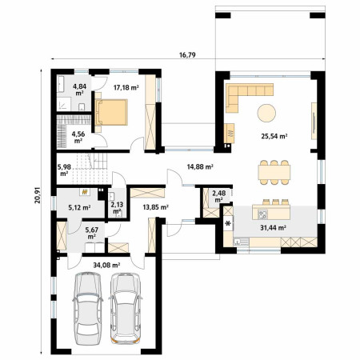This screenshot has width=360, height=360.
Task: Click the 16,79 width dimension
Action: [x=187, y=55]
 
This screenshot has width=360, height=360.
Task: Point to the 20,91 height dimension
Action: [x=38, y=195]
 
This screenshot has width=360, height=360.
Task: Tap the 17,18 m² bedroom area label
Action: [x=126, y=87]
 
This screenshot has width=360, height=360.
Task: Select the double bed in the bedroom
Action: [x=111, y=112]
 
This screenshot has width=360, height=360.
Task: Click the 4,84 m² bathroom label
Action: [x=79, y=90]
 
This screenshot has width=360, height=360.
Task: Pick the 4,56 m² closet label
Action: [x=78, y=137]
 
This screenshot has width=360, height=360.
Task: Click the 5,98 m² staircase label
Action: [x=64, y=170]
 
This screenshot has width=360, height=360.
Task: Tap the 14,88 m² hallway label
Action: [x=200, y=167]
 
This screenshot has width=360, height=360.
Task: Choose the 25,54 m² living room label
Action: [x=274, y=136]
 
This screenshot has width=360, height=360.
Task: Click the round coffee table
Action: [x=266, y=113]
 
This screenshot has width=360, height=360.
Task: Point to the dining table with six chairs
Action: [x=274, y=172]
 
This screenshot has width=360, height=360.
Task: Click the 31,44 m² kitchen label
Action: [x=274, y=228]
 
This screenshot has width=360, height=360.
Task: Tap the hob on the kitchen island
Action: [x=262, y=214]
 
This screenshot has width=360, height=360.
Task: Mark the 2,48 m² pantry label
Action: [x=218, y=196]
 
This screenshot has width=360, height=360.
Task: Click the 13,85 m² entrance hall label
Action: [x=155, y=207]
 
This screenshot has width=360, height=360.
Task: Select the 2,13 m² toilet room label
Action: [x=117, y=208]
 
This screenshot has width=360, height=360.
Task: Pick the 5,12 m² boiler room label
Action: [x=79, y=207]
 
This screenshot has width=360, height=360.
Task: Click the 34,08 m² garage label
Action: [x=106, y=265]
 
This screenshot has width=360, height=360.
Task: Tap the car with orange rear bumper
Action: [x=125, y=308]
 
